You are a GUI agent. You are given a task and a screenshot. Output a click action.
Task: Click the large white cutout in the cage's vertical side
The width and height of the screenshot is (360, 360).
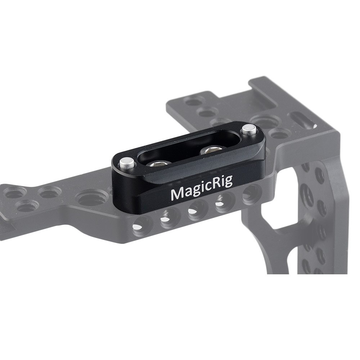tap(277, 220)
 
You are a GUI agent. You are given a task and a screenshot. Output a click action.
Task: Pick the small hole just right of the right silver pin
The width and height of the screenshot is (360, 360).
tap(278, 135)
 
